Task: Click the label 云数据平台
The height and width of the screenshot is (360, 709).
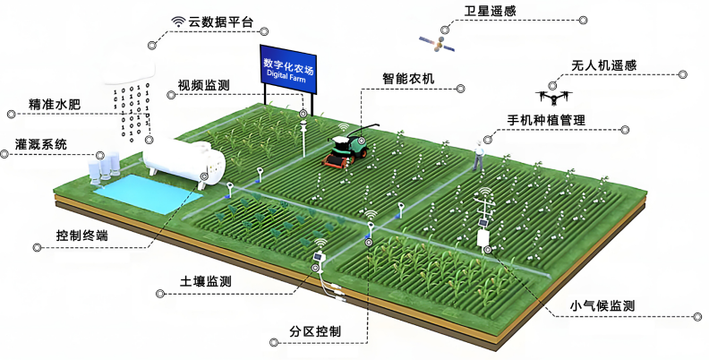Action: pos(220,22)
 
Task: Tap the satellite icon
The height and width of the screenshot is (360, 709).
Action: pos(436,44)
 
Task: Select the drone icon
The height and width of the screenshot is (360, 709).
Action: pos(553,97)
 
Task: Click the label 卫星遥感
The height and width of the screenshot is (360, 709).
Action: pos(490,12)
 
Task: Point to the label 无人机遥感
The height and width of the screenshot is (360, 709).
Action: pos(604,65)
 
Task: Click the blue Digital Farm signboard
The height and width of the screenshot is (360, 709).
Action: pos(288,69)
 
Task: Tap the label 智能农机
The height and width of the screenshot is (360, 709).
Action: pos(408,79)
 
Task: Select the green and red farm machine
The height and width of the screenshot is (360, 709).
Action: pos(349,147)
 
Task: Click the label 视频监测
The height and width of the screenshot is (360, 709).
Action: pos(203,85)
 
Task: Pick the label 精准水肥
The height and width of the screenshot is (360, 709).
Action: pos(55,105)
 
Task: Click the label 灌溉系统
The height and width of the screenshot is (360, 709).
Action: pos(40,144)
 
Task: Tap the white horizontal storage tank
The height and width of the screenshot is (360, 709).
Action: pos(184,161)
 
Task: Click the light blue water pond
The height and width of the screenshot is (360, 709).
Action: pos(148,193)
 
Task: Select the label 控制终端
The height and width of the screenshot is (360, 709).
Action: pos(81,236)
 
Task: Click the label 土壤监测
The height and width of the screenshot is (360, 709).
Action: pos(205,282)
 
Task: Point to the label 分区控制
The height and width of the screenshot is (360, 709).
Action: pos(315,331)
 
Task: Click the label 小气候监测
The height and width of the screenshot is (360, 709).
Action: pos(602,306)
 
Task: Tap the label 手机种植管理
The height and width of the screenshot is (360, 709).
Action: pos(546,120)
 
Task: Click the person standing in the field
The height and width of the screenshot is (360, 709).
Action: pos(478,155)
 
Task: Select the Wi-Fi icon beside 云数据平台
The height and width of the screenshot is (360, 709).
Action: pos(179,21)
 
